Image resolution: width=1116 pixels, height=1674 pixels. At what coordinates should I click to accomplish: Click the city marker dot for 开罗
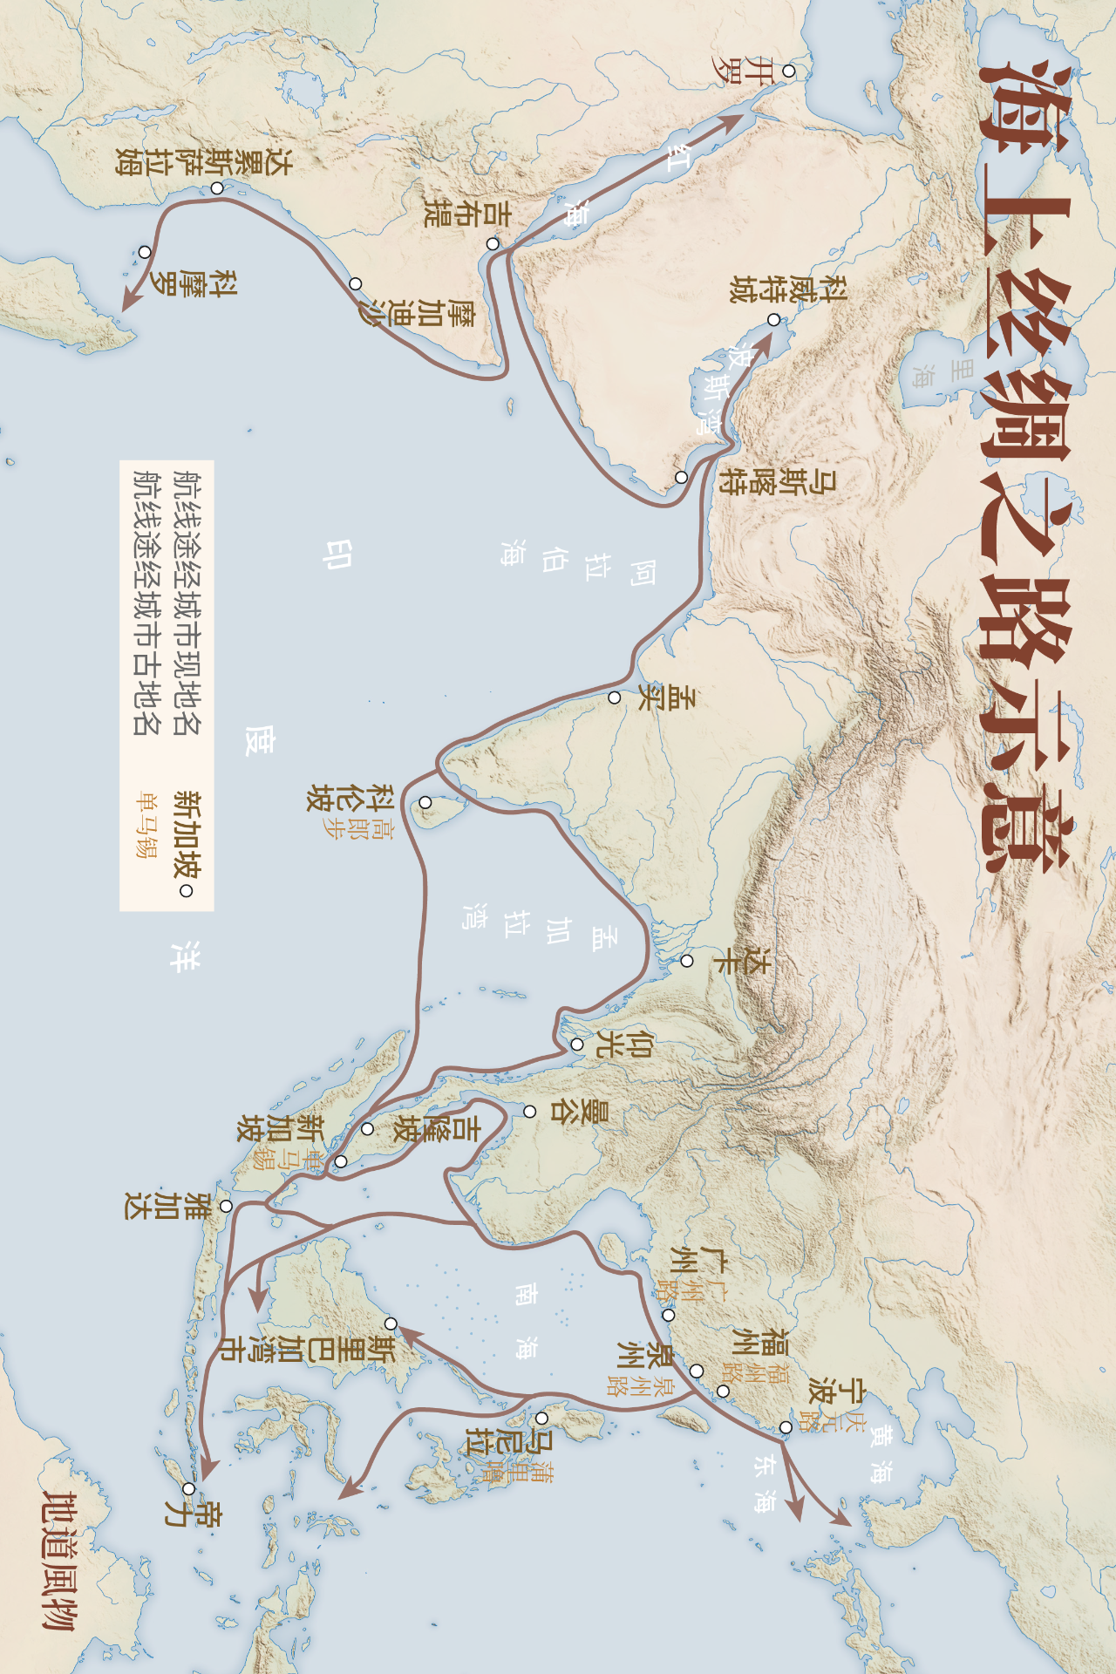[x=788, y=71]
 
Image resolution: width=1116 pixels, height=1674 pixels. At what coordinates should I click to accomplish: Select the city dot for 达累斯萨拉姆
[x=216, y=187]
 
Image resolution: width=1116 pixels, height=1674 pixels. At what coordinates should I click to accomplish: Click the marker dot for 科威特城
[x=773, y=320]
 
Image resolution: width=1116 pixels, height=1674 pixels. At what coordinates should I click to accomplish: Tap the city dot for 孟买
[x=615, y=697]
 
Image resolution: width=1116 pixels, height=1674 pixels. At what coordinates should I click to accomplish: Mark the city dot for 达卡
[x=687, y=961]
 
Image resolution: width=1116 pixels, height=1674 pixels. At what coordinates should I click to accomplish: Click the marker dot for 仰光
[x=577, y=1045]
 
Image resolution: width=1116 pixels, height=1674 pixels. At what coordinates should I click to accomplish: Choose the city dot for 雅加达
[x=226, y=1206]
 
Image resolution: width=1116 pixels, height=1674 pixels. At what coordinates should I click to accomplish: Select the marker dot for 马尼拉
[x=541, y=1419]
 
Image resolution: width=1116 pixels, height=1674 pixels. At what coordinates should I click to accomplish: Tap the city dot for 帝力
[x=188, y=1489]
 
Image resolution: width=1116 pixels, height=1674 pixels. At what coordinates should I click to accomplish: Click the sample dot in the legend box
[x=185, y=891]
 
